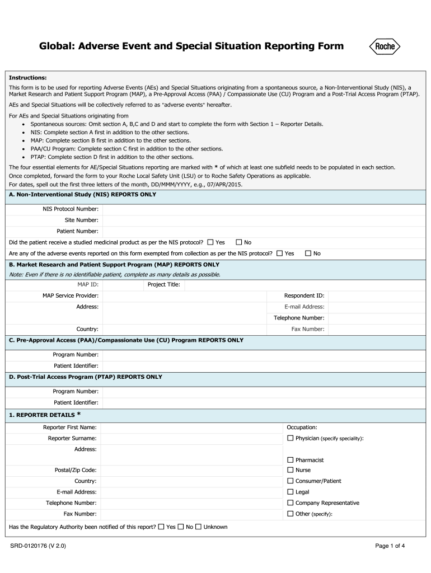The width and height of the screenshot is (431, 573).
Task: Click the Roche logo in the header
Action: point(384,47)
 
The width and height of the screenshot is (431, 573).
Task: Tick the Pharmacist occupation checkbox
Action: point(290,459)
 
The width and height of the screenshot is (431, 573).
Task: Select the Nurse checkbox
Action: point(290,470)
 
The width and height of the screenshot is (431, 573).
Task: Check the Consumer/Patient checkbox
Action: point(290,481)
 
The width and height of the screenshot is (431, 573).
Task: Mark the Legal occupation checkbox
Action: point(290,492)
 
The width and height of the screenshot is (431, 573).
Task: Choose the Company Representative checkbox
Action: point(290,502)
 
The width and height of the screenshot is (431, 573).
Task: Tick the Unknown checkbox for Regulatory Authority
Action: point(198,527)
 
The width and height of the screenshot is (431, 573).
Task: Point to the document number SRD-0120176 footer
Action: point(38,546)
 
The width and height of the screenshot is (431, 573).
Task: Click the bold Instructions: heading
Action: point(27,78)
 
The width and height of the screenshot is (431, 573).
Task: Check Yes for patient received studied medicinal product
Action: point(210,242)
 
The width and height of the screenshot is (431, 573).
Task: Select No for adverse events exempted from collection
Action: point(308,253)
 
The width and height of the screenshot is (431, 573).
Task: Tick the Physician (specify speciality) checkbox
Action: point(290,438)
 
